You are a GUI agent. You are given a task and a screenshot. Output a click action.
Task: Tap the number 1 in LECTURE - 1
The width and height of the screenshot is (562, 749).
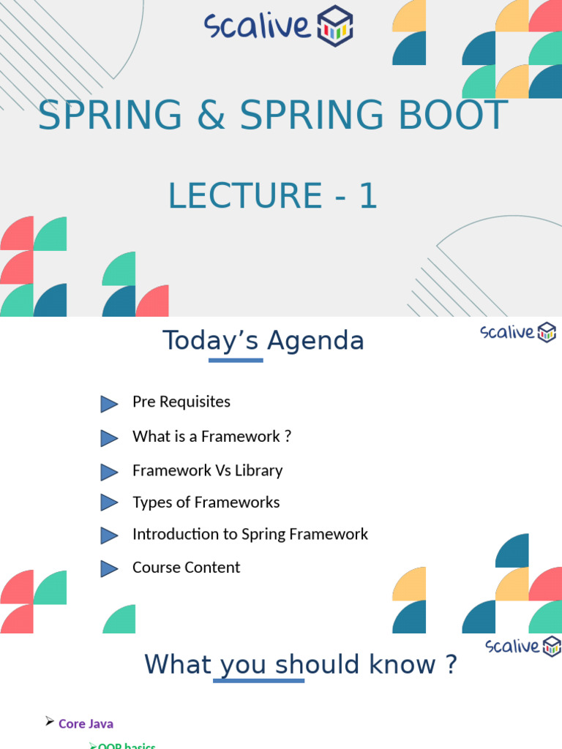point(367,196)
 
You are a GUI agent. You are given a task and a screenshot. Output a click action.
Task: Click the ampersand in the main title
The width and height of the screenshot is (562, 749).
point(211,116)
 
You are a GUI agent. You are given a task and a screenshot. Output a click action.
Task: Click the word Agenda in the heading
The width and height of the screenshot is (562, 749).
point(315,341)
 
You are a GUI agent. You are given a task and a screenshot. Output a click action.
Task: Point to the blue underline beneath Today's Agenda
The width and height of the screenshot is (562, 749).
point(236,360)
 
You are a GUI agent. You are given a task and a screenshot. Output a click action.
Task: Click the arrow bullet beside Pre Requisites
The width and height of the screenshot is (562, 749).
point(109,403)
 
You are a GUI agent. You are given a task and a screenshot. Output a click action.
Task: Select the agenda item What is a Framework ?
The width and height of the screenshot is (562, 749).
point(211,437)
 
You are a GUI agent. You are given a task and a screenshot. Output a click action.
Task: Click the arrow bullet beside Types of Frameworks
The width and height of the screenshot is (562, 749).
point(109,503)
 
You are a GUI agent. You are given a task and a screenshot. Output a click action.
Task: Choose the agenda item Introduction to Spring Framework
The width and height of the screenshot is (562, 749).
point(250,534)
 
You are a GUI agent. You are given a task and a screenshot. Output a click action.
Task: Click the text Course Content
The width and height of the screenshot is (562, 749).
point(186,568)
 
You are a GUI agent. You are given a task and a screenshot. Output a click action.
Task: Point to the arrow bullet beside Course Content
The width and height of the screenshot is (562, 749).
point(109,568)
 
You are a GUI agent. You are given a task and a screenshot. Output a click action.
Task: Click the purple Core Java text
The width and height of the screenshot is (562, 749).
point(86,723)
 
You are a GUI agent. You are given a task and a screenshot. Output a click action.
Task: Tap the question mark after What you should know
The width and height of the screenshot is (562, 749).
point(450,664)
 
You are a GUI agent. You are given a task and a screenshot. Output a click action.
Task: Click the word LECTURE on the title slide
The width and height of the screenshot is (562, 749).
point(245,196)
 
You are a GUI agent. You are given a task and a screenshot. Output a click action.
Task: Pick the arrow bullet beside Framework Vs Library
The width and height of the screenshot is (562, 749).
point(109,472)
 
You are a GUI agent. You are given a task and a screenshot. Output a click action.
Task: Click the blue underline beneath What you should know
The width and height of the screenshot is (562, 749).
point(258,681)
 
